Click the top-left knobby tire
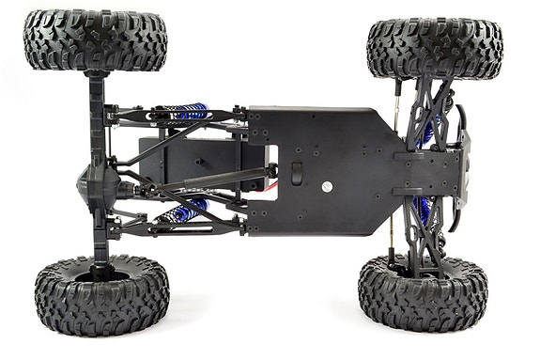[95, 40]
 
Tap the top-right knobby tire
[434, 48]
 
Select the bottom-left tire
[101, 295]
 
